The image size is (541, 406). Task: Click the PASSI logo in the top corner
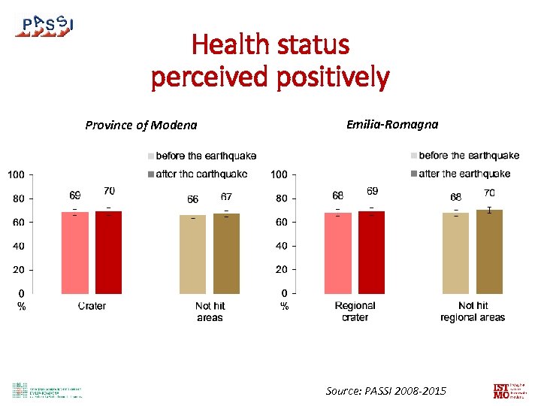[x=44, y=26]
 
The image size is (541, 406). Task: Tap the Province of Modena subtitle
[x=141, y=125]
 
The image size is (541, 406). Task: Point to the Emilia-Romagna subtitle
[x=392, y=124]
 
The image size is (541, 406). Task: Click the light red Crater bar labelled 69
[x=74, y=253]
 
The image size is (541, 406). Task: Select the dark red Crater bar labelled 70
[x=109, y=252]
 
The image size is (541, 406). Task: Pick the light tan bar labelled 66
[x=192, y=254]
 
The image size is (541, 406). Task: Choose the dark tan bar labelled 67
[x=226, y=253]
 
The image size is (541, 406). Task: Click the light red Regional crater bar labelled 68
[x=338, y=253]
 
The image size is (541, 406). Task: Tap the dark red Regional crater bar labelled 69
[x=372, y=253]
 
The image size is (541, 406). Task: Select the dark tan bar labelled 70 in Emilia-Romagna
[x=489, y=252]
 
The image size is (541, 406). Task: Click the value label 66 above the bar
[x=192, y=200]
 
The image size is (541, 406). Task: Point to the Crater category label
[x=92, y=306]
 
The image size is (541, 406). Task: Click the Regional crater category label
[x=355, y=311]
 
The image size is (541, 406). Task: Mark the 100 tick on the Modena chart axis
[x=16, y=175]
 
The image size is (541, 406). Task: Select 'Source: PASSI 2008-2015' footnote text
[x=385, y=391]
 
